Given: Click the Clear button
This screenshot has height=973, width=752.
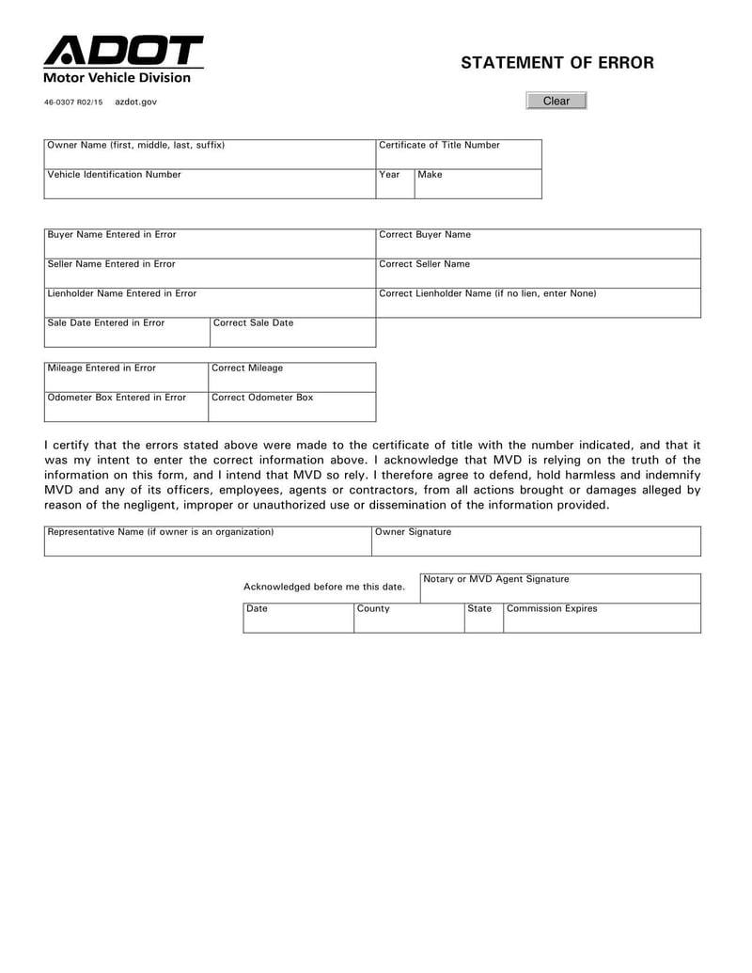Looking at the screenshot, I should (x=556, y=101).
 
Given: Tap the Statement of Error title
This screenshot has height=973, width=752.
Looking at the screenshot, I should (x=556, y=63).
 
